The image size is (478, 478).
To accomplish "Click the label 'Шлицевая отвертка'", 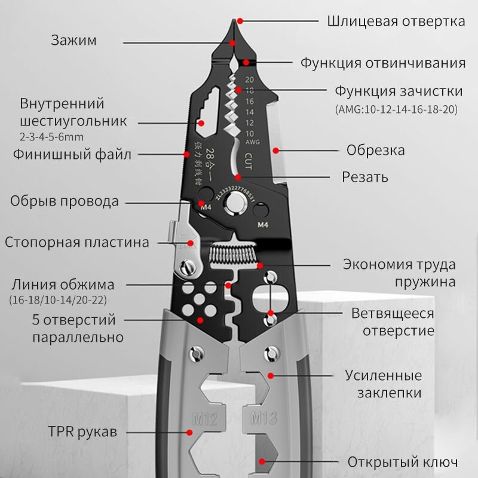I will pyautogui.click(x=396, y=22).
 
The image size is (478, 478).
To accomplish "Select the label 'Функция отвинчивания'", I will pyautogui.click(x=382, y=63).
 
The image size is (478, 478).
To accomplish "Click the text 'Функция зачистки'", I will pyautogui.click(x=398, y=91).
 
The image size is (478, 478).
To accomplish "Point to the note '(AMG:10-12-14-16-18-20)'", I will pyautogui.click(x=396, y=109).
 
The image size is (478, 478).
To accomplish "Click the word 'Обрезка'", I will pyautogui.click(x=376, y=149).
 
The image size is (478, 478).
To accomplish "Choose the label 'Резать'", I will pyautogui.click(x=364, y=177).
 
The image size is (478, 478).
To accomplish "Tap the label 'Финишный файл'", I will pyautogui.click(x=72, y=154).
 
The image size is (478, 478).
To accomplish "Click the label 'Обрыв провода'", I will pyautogui.click(x=64, y=201).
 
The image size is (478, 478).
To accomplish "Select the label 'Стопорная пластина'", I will pyautogui.click(x=76, y=243).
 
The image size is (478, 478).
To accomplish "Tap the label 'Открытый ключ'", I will pyautogui.click(x=403, y=462).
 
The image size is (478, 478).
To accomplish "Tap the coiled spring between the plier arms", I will pyautogui.click(x=234, y=255).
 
